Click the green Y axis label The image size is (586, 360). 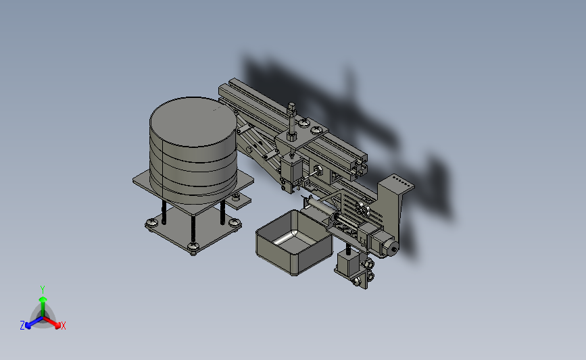click(x=42, y=290)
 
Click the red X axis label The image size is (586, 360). click(x=63, y=326)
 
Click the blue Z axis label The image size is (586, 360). click(x=22, y=326)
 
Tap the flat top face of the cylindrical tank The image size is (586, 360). click(x=193, y=122)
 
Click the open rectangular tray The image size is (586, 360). click(x=294, y=242)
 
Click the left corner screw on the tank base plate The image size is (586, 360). click(x=151, y=223)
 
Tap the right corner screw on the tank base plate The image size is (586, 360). click(x=235, y=224)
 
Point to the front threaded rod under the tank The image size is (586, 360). click(x=193, y=228)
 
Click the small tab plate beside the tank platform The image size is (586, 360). click(x=239, y=201)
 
